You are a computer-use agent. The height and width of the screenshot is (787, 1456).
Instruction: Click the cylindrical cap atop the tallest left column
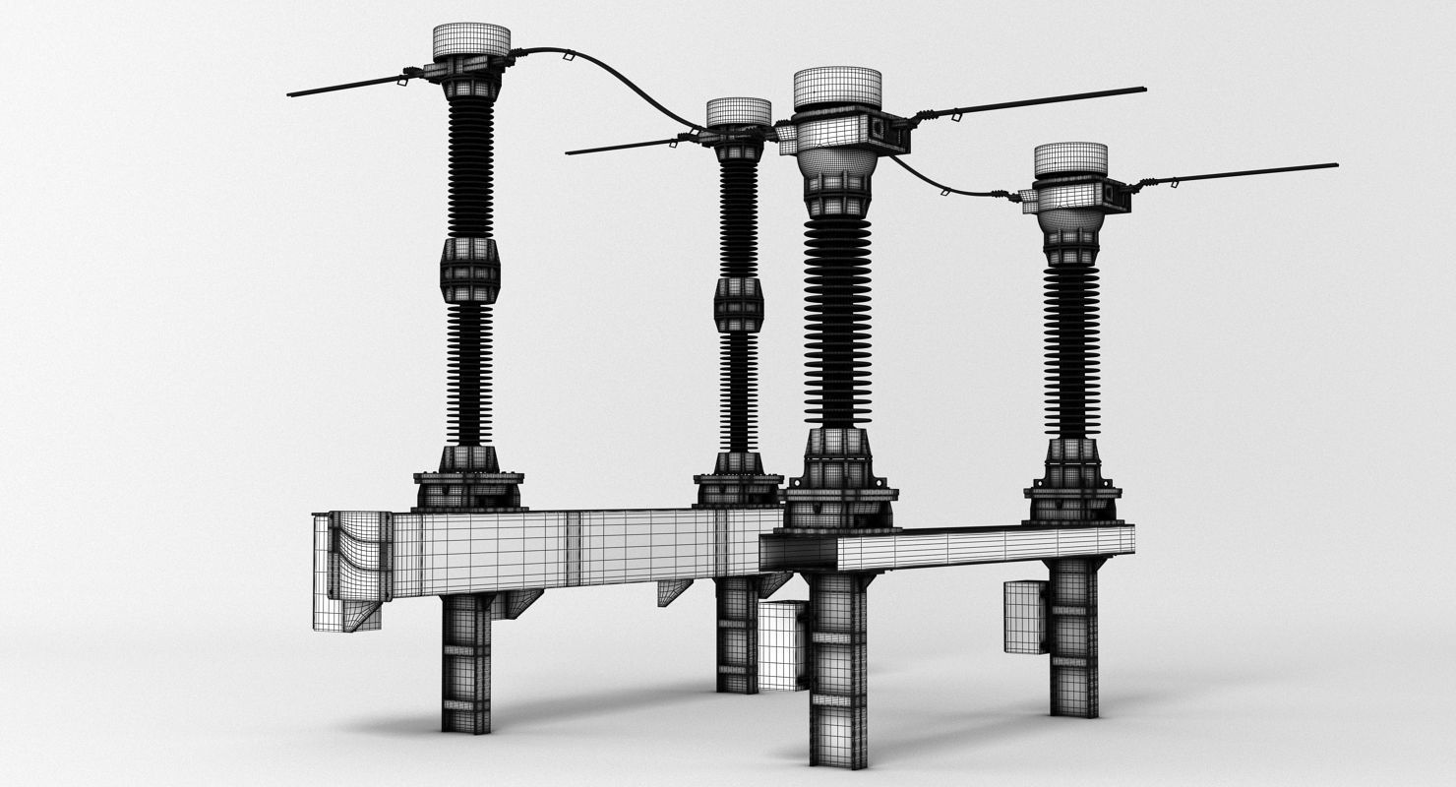(471, 41)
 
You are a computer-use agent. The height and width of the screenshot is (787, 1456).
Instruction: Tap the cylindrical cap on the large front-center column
(836, 88)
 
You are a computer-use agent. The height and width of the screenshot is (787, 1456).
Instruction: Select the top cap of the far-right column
(1070, 159)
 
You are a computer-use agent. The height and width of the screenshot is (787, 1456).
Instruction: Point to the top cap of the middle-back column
(738, 112)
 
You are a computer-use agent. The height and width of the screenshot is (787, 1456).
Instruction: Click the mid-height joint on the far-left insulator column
(470, 270)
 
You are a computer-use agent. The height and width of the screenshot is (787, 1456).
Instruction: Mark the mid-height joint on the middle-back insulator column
(738, 305)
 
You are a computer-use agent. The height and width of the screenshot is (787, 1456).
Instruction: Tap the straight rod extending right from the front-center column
(1033, 102)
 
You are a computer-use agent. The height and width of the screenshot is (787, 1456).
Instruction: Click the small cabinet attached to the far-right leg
(1024, 617)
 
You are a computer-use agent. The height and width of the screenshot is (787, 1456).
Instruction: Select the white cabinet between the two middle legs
(782, 644)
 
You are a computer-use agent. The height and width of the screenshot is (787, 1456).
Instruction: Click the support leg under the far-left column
(465, 664)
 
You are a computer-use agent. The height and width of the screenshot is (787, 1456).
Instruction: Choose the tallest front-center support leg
(838, 669)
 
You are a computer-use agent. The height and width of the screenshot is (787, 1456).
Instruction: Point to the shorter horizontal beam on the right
(984, 546)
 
